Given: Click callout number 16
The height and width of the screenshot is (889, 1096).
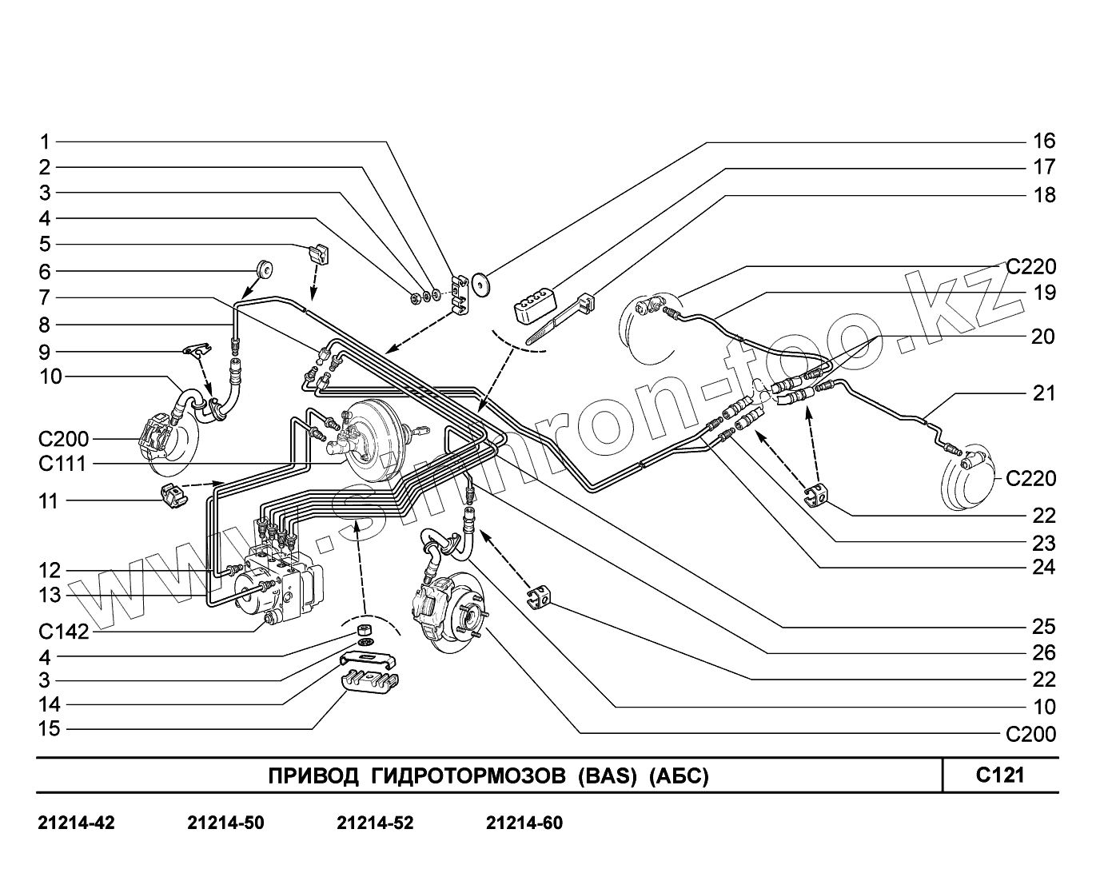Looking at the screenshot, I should tap(1044, 142).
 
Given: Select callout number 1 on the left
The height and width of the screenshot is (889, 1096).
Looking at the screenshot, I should tap(45, 142).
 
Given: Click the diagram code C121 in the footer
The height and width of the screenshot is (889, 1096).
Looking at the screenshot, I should tap(999, 775).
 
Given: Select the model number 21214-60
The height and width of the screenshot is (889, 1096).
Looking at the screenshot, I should tap(524, 823).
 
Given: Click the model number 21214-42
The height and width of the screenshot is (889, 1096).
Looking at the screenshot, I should tap(76, 823).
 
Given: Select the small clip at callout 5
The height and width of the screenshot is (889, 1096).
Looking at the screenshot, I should tap(320, 255).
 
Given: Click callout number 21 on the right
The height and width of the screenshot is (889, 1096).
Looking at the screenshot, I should tap(1044, 393).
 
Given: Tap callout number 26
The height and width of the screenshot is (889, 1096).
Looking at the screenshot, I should tap(1044, 652).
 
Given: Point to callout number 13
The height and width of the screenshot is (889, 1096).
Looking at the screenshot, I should tap(50, 595).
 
